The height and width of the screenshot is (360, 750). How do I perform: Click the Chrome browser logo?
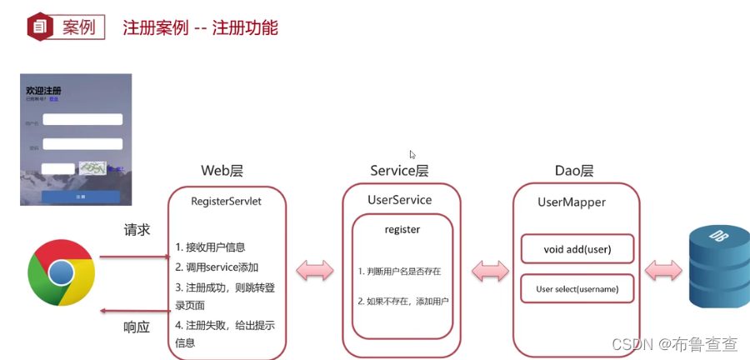[61, 273]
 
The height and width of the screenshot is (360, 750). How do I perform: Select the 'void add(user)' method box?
[577, 248]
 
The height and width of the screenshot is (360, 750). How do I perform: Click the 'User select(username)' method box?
[577, 289]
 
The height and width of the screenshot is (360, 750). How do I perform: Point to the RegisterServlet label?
[226, 201]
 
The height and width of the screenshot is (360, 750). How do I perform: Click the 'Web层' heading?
[222, 171]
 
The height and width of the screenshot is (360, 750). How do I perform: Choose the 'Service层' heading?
[399, 171]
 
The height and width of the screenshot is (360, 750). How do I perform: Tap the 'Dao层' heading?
[574, 171]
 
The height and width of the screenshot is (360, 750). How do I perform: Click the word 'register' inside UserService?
[402, 229]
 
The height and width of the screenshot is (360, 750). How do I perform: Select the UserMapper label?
[572, 202]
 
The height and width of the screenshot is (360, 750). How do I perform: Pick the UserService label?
[400, 200]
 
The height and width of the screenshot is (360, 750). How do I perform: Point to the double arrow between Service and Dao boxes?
[490, 271]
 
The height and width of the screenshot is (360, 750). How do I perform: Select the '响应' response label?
[137, 327]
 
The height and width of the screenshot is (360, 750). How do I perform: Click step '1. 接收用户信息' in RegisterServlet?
[210, 247]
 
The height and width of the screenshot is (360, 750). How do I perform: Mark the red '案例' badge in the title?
[62, 27]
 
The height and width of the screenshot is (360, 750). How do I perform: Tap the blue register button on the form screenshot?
[80, 197]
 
